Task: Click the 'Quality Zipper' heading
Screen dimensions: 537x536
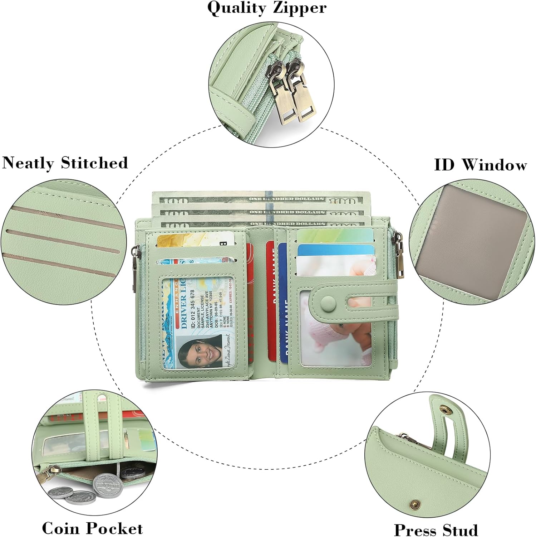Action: (267, 8)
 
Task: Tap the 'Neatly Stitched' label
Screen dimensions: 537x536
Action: (65, 163)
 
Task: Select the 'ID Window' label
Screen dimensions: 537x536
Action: (480, 165)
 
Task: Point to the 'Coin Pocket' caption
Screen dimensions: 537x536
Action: (92, 528)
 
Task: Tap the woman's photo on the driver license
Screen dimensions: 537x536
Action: (200, 353)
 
